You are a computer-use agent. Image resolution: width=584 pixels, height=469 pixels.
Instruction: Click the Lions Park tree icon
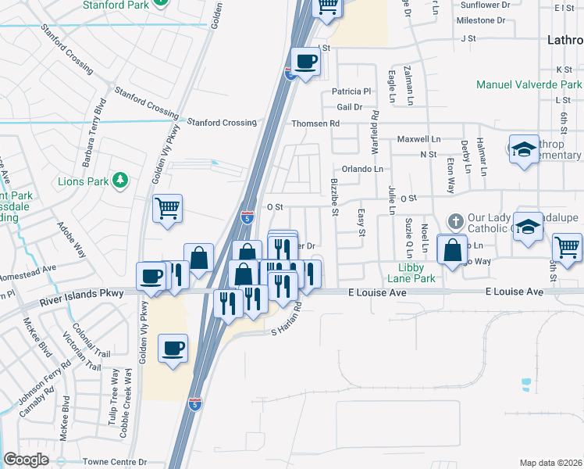[120, 181]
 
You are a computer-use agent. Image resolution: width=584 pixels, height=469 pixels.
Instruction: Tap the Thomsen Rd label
[315, 124]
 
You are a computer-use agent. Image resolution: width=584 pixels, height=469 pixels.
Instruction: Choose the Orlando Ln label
[362, 169]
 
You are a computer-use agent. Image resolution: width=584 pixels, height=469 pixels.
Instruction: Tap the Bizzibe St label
[334, 196]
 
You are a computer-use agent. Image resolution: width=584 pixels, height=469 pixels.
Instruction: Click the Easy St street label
[361, 221]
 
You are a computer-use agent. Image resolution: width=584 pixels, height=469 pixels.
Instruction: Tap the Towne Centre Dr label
[116, 463]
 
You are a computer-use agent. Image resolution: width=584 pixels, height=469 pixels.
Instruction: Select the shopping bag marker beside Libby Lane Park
[452, 250]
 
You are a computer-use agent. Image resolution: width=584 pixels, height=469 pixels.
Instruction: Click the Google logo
[27, 460]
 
